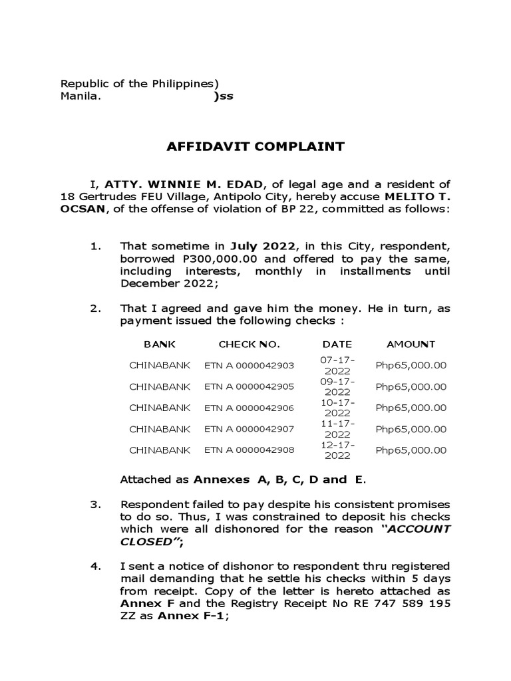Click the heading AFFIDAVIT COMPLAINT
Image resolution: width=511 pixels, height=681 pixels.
point(255,147)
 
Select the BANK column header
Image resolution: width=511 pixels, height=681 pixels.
point(160,344)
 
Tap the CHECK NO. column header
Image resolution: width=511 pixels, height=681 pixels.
point(250,344)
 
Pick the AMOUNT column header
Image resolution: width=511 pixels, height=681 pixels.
point(411,344)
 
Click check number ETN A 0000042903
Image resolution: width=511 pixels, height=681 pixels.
point(249,365)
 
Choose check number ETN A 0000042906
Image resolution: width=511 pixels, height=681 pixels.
point(249,408)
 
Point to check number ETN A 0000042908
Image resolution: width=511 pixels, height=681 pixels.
point(249,450)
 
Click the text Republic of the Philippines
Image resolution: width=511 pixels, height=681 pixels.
point(139,84)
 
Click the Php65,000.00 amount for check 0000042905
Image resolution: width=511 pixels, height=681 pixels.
point(411,386)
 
